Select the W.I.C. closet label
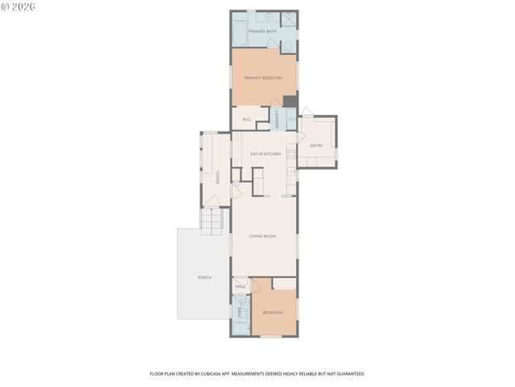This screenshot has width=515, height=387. click(247, 120)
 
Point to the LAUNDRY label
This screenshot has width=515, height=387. click(276, 119)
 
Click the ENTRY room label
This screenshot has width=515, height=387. click(316, 145)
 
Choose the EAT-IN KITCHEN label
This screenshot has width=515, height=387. click(265, 153)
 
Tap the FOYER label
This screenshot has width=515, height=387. click(216, 177)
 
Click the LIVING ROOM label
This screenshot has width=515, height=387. click(262, 236)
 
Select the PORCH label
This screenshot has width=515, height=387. click(204, 277)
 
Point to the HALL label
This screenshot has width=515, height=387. click(240, 286)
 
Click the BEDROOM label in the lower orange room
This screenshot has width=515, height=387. click(272, 312)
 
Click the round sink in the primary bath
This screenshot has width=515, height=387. click(269, 16)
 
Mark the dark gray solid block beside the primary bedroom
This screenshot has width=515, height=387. click(290, 102)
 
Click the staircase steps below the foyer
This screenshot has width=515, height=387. click(211, 220)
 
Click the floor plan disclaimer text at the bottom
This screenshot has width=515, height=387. click(257, 374)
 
